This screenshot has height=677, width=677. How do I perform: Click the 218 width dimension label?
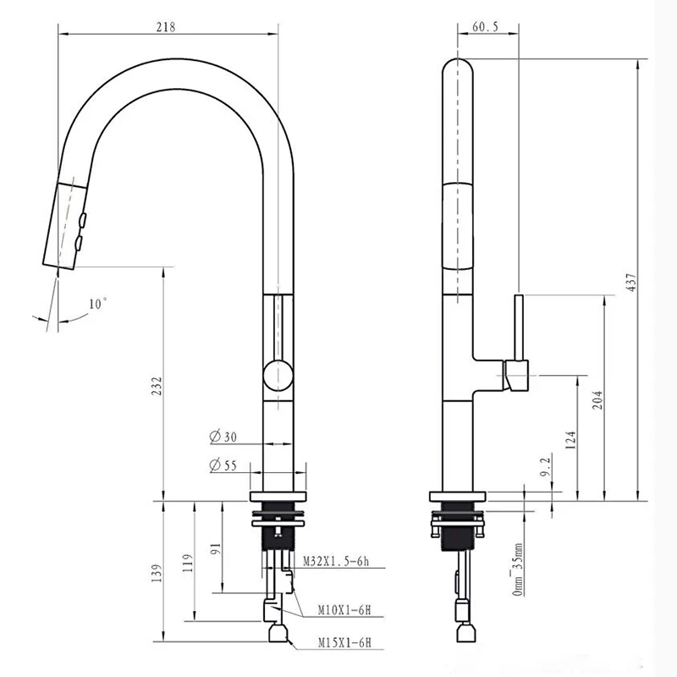click(x=166, y=27)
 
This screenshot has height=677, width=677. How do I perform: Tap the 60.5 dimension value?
click(x=485, y=27)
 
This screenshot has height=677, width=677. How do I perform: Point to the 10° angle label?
click(x=97, y=304)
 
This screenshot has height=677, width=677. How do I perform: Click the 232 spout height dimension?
click(x=157, y=387)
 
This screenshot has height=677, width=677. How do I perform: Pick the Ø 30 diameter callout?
click(x=223, y=437)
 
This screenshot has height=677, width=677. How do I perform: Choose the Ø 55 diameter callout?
click(x=223, y=465)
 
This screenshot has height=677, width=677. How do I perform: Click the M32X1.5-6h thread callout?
click(x=336, y=561)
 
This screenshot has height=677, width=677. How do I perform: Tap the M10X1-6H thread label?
click(x=344, y=610)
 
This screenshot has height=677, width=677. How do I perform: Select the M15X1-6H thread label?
click(x=344, y=642)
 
